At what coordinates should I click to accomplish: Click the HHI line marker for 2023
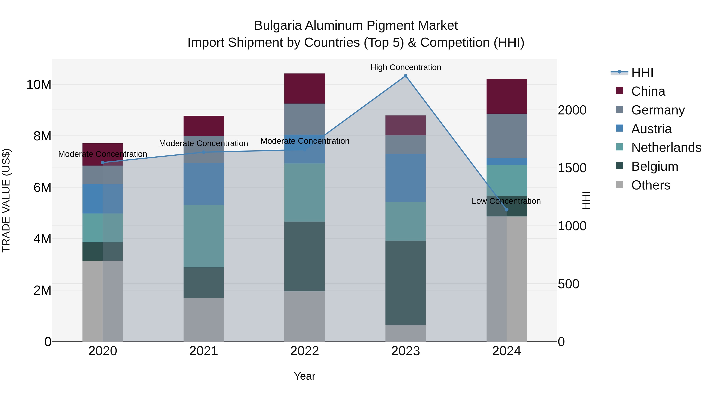(405, 76)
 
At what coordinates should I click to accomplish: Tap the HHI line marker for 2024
(506, 210)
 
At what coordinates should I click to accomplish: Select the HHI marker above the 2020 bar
(102, 162)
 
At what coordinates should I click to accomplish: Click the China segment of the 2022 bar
(305, 89)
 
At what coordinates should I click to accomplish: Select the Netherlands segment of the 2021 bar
(204, 236)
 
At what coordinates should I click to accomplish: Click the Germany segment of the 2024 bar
(506, 136)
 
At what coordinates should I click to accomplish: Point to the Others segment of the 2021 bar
(204, 319)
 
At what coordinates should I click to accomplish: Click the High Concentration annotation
(405, 67)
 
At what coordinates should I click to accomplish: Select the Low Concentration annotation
(506, 201)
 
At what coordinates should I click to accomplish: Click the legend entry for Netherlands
(666, 148)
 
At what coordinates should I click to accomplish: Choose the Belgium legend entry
(654, 166)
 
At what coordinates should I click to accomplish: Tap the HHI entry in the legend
(642, 72)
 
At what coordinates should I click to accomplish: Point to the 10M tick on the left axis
(39, 84)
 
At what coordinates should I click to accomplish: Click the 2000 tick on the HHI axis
(572, 110)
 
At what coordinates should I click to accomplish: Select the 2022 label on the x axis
(305, 351)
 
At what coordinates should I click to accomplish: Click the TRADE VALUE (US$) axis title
(6, 200)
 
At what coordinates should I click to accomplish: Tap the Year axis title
(305, 376)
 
